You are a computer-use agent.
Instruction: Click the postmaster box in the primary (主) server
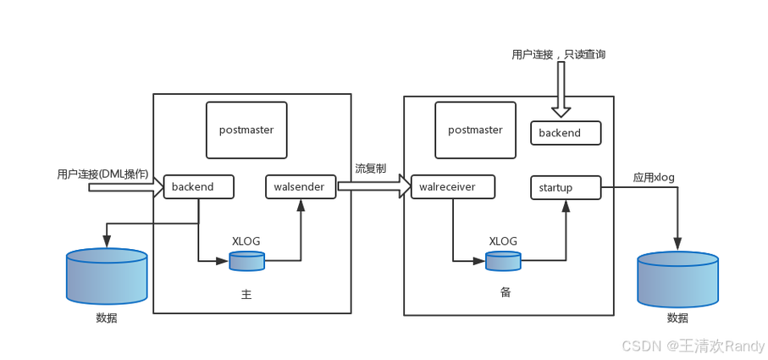[246, 130]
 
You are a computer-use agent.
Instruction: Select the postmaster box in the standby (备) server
[475, 130]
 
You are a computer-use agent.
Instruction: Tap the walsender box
[301, 186]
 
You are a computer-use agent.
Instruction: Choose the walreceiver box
[452, 186]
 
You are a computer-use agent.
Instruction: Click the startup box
[566, 187]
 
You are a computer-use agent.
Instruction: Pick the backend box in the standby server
[566, 133]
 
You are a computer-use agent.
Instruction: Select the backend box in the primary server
[198, 186]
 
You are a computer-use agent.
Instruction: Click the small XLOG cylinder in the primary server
[247, 261]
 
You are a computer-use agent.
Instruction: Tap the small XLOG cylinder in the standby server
[504, 261]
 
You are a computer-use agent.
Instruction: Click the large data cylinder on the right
[678, 278]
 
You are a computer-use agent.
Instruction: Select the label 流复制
[370, 169]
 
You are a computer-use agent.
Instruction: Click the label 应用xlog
[653, 177]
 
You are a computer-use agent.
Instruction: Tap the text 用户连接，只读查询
[558, 54]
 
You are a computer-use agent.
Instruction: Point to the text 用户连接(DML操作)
[102, 174]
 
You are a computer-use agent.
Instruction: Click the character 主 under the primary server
[246, 296]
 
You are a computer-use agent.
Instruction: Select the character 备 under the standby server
[506, 292]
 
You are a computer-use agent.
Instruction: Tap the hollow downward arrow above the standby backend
[561, 90]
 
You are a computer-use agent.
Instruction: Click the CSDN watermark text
[693, 346]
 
